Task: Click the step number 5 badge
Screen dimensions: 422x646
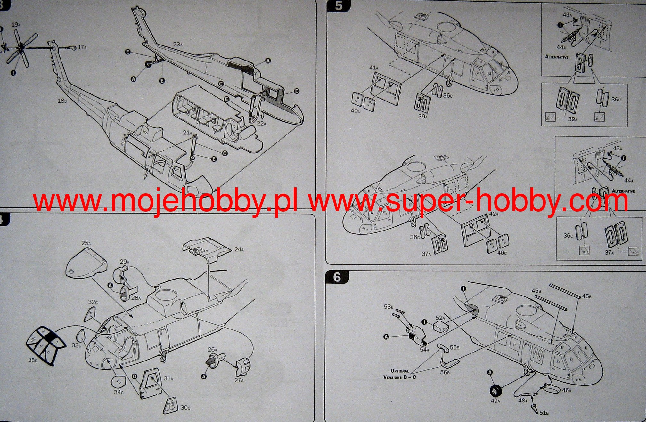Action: [339, 6]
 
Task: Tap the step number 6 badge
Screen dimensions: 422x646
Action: [337, 277]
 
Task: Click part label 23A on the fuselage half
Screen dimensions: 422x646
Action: [178, 44]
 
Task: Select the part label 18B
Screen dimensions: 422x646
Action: [62, 101]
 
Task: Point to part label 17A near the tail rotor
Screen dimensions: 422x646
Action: [82, 47]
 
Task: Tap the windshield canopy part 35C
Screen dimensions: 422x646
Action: [45, 345]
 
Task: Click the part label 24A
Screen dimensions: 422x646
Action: [239, 249]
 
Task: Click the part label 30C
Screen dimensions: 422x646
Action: [185, 408]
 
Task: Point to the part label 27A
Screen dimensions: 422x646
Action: [239, 380]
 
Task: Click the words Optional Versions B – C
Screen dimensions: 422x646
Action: [399, 374]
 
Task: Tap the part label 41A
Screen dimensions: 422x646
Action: [374, 68]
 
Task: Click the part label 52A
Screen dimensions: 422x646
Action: [440, 318]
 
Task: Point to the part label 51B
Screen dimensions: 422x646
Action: [544, 413]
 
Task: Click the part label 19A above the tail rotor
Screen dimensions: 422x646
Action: [15, 25]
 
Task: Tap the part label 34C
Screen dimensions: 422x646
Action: [119, 392]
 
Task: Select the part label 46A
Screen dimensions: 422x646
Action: [567, 390]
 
